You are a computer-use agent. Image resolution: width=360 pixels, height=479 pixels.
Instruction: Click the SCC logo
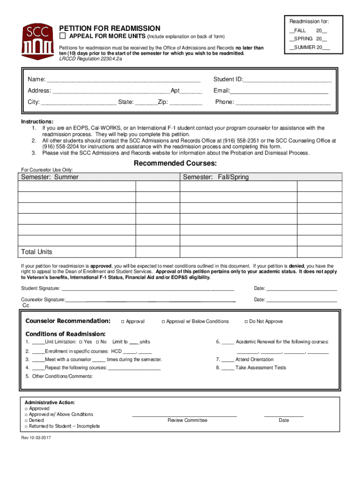tap(36, 40)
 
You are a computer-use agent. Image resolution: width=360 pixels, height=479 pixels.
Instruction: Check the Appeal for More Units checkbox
tap(62, 36)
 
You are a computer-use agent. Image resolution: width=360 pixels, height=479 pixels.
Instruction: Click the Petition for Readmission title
tap(109, 29)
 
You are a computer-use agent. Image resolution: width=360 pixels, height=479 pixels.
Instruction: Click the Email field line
tap(279, 91)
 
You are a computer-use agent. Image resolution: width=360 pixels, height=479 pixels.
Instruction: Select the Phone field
tap(282, 102)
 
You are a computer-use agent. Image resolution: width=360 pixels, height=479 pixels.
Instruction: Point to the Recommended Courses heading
tap(175, 163)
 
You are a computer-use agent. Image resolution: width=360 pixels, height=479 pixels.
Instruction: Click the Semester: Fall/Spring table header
tap(216, 177)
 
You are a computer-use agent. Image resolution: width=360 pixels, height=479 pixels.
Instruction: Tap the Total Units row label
tap(36, 252)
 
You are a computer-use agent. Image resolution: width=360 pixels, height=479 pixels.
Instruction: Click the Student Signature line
tap(144, 289)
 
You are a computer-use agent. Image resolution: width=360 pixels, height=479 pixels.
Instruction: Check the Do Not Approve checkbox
tap(246, 322)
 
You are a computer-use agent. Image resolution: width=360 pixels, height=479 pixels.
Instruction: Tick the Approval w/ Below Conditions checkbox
tap(163, 322)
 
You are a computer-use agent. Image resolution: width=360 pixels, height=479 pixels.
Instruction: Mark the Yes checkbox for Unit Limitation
tap(81, 342)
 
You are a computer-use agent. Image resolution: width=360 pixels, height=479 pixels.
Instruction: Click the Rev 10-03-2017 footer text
tap(36, 438)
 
